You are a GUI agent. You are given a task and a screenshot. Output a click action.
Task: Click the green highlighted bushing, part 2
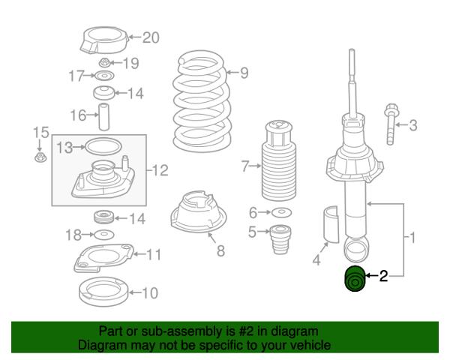355,279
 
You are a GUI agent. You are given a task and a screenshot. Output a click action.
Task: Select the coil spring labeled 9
202,101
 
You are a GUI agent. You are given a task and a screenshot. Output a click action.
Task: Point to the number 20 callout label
151,37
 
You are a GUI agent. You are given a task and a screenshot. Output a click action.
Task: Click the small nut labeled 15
40,157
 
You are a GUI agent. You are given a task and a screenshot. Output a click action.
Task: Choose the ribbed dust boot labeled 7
278,160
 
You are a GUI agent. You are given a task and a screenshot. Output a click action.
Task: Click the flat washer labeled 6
281,213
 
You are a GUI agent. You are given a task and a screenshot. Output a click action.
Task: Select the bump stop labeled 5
280,239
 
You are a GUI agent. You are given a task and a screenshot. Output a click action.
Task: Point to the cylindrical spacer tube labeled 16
104,116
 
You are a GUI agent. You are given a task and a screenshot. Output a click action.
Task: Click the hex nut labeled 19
104,63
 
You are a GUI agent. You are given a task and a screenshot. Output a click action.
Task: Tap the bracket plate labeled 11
103,258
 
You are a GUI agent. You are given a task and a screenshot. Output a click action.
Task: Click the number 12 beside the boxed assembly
160,170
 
